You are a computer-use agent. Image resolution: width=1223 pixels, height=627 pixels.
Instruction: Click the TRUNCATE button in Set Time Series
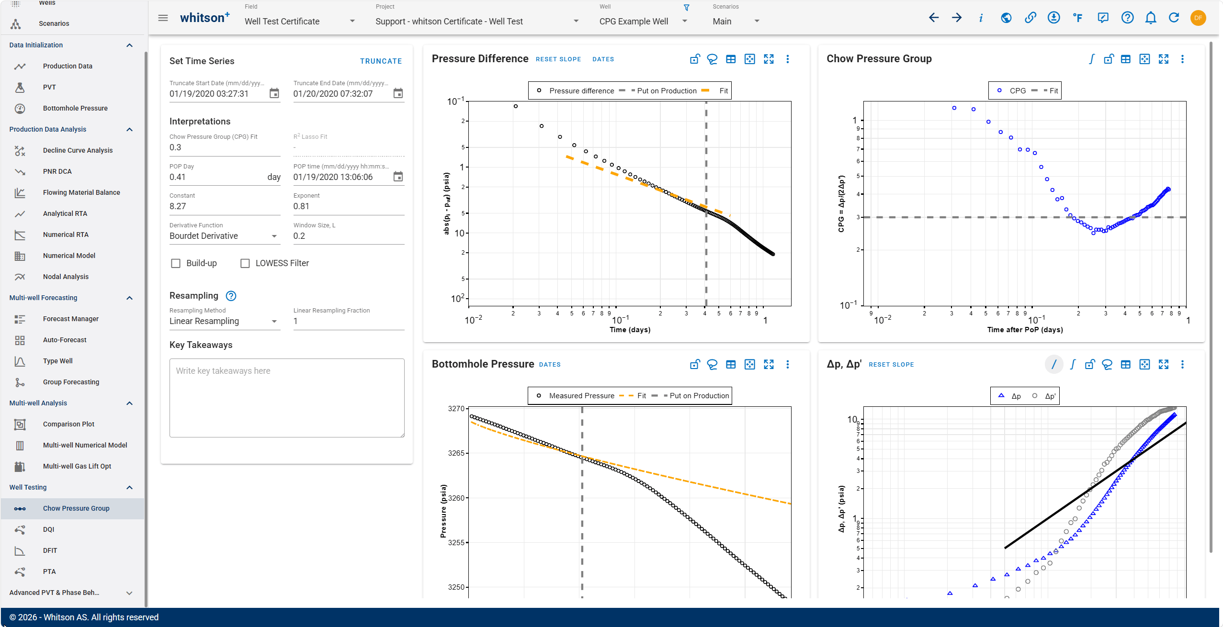click(381, 61)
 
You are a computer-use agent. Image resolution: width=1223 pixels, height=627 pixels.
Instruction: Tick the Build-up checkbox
click(176, 263)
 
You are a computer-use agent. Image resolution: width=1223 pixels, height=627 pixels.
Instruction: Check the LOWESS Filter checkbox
click(245, 263)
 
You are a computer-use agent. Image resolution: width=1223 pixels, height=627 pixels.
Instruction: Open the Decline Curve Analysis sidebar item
click(78, 150)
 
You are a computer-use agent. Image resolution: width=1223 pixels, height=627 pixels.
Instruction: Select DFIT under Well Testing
click(50, 550)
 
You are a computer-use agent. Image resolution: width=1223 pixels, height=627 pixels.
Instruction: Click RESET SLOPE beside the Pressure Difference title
click(558, 59)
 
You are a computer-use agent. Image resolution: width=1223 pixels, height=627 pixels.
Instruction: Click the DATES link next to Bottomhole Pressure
click(550, 365)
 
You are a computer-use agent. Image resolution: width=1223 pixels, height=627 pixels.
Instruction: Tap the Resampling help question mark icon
click(231, 296)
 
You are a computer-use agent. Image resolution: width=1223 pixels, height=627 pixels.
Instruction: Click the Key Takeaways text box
click(287, 398)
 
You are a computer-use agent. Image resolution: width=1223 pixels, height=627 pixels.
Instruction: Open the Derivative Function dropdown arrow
click(274, 236)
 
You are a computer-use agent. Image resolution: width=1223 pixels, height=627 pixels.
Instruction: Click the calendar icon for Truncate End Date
click(398, 93)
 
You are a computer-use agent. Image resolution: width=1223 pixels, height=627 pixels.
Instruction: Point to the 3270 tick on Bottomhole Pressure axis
click(456, 409)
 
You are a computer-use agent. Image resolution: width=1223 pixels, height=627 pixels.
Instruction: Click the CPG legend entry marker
click(999, 90)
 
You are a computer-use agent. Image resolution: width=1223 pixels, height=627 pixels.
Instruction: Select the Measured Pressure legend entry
click(581, 396)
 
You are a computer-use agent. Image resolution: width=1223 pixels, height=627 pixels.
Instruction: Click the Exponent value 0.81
click(301, 206)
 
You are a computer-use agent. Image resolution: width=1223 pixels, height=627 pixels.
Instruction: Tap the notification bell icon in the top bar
click(1151, 18)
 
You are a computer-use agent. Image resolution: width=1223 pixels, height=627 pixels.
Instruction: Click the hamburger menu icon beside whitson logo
click(163, 18)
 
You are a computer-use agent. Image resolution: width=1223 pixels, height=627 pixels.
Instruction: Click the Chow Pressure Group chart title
click(879, 59)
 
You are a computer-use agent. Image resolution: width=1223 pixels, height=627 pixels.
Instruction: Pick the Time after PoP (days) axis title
click(1025, 330)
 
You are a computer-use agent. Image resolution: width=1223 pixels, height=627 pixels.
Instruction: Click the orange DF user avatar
click(1198, 18)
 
